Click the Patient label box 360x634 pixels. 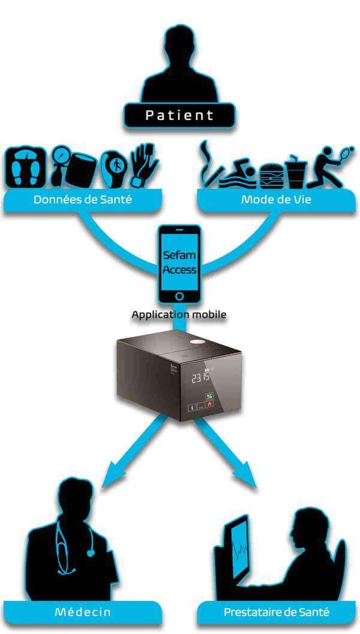click(179, 115)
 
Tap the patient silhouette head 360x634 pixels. click(179, 44)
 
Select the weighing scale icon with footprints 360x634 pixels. click(25, 167)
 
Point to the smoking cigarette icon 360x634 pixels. click(211, 165)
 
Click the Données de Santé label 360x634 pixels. click(83, 199)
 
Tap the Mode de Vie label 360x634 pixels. click(277, 199)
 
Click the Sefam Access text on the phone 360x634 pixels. click(179, 262)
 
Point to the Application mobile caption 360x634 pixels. click(179, 314)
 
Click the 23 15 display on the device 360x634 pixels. click(200, 378)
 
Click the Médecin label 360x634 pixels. click(83, 612)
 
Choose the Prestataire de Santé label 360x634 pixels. click(277, 612)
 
